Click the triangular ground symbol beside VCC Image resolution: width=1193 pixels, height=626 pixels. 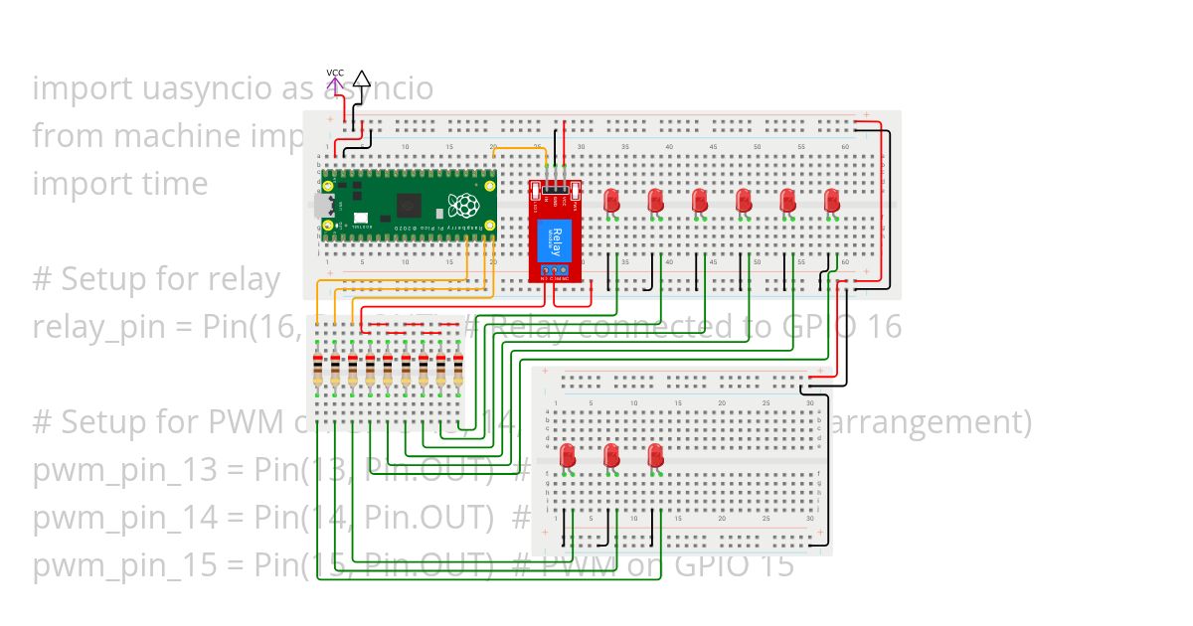click(x=362, y=79)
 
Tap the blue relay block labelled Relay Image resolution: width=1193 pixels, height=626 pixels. click(x=555, y=241)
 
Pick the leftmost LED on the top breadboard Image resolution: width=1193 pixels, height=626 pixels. click(x=611, y=201)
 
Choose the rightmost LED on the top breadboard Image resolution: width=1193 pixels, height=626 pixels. click(x=832, y=201)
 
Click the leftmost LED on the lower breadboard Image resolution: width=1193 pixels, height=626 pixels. click(x=568, y=456)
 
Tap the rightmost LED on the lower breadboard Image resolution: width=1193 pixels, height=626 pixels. click(x=655, y=456)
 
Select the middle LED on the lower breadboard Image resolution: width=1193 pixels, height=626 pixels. click(x=611, y=456)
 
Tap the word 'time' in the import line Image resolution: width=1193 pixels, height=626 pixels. click(x=175, y=184)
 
